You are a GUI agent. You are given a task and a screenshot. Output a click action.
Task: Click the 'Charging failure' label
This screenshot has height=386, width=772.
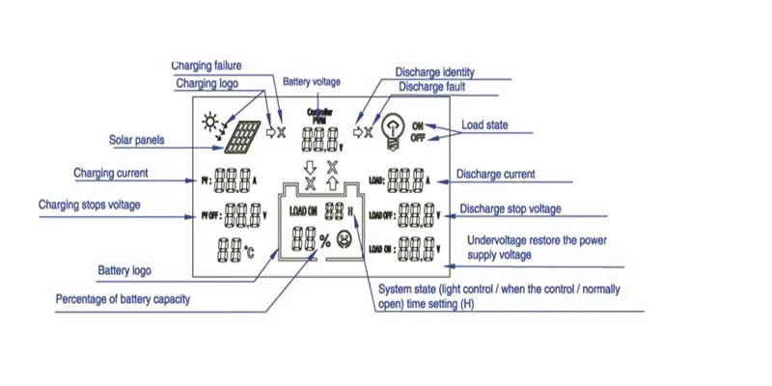(x=206, y=66)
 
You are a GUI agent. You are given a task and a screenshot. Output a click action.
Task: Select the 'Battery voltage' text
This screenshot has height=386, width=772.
(x=312, y=83)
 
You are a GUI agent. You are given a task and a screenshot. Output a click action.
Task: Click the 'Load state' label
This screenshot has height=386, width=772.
(x=484, y=125)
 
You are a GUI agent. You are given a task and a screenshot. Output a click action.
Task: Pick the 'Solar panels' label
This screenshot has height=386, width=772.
(x=136, y=140)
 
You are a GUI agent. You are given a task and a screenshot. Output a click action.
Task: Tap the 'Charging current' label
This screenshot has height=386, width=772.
(x=111, y=174)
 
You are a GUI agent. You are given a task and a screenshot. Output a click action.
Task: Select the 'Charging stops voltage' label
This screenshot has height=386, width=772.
(x=90, y=205)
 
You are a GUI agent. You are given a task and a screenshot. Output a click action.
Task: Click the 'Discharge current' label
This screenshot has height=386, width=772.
(x=496, y=175)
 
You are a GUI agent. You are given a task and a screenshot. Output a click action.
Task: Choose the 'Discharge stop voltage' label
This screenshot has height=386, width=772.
(x=510, y=208)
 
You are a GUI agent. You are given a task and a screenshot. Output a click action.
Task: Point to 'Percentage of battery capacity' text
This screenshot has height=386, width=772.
(x=123, y=299)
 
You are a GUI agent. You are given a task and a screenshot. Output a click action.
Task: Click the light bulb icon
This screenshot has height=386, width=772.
(x=393, y=129)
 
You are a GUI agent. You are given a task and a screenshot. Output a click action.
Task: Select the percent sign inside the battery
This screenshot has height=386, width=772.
(x=324, y=239)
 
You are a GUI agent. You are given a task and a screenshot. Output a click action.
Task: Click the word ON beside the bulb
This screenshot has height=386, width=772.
(x=418, y=125)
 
